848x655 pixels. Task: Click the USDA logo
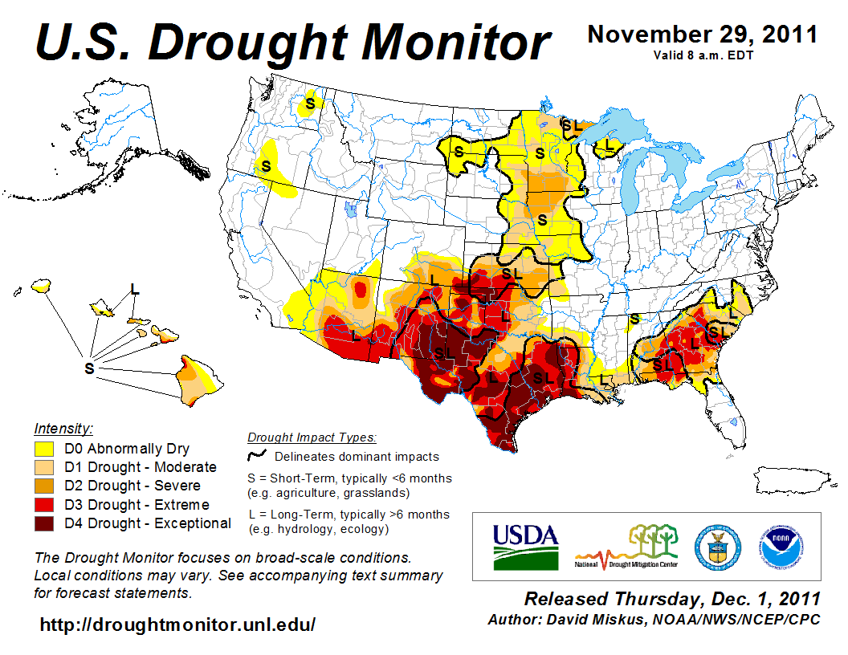pos(524,546)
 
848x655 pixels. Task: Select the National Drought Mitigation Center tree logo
pos(626,546)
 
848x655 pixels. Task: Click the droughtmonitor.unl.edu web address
pos(177,624)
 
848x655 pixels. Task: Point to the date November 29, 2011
pos(703,35)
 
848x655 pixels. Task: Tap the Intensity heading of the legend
pos(63,428)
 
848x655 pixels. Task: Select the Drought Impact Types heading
pos(312,437)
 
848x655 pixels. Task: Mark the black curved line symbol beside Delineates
pos(257,457)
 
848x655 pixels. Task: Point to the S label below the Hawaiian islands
pos(90,368)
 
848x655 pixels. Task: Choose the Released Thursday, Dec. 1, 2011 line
pos(672,600)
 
